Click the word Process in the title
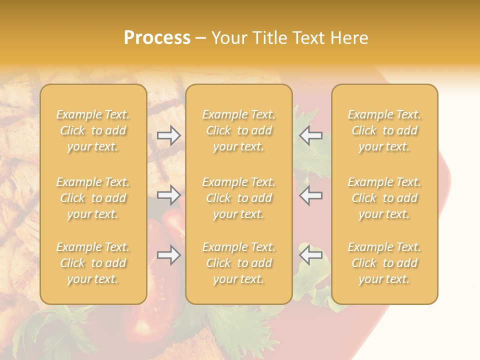157,38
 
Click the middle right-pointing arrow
169,195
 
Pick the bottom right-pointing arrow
169,255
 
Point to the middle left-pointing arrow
310,195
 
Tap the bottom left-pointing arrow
310,255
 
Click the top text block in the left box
93,130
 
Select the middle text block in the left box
93,198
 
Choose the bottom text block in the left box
93,263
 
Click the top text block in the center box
238,130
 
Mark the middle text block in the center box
238,198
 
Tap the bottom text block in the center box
238,263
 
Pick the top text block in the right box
384,130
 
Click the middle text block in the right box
384,198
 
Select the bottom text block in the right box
384,263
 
